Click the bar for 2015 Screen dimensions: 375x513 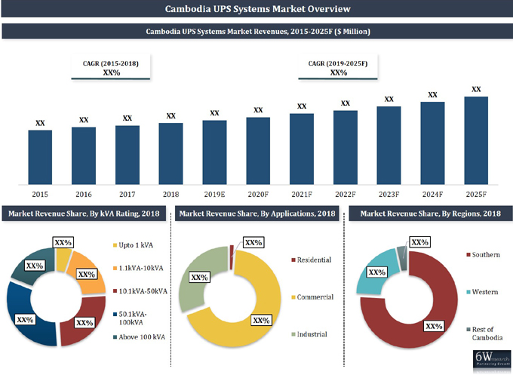[40, 156]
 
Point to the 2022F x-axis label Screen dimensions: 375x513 [345, 194]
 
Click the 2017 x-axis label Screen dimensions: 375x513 [127, 194]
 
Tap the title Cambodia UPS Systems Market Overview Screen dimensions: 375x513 [256, 9]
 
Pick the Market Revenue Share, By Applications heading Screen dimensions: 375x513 [257, 214]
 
